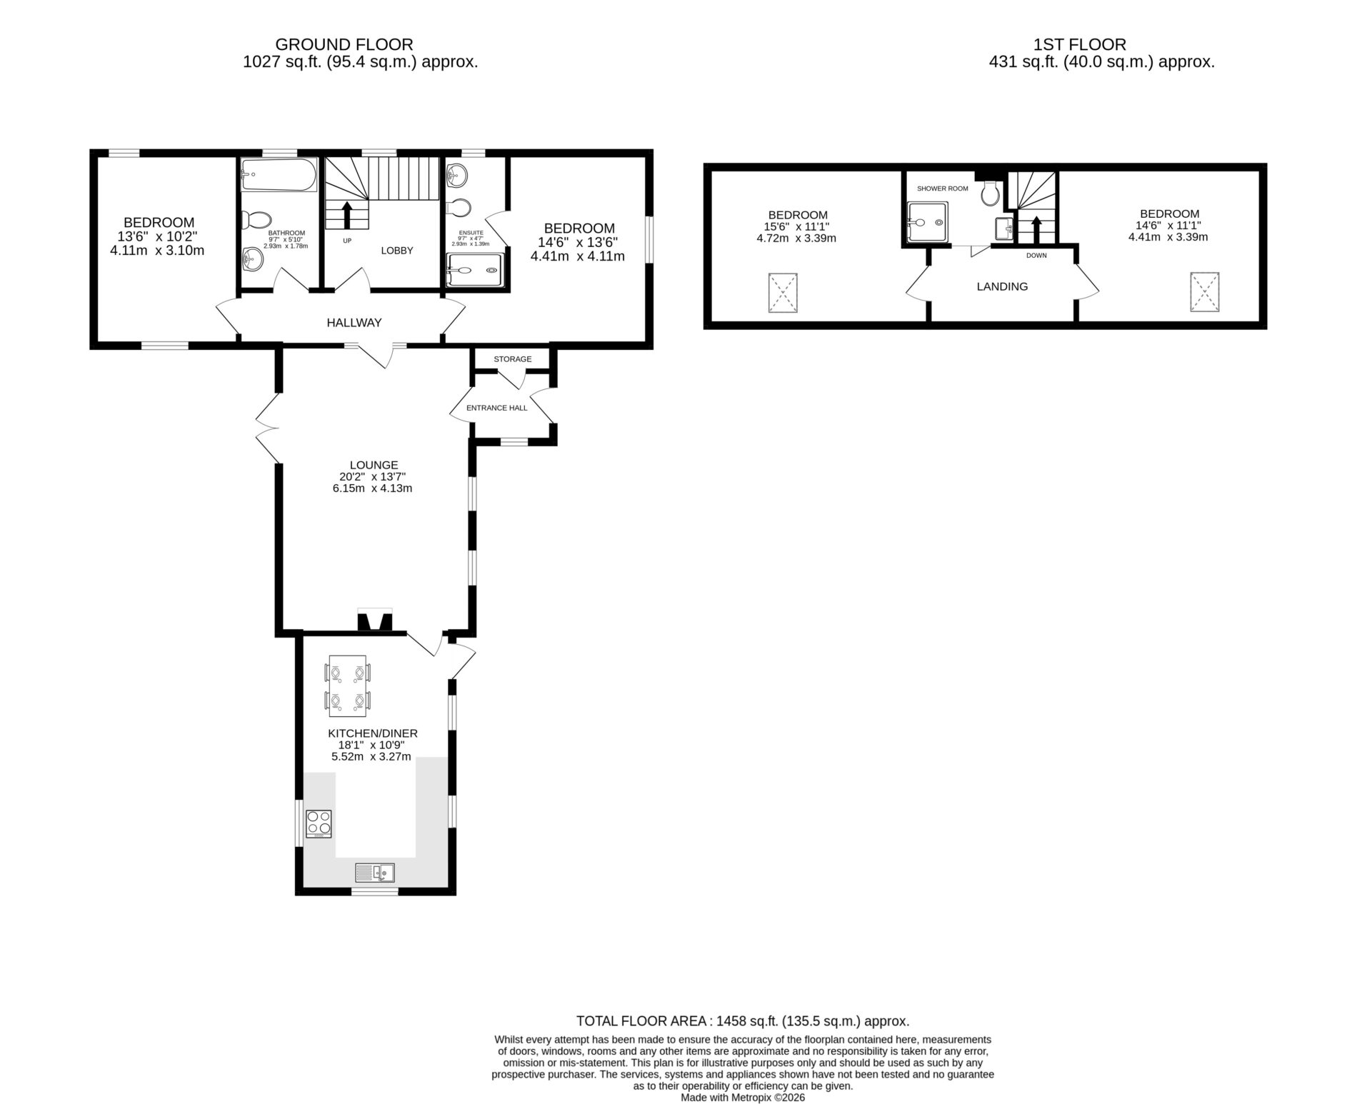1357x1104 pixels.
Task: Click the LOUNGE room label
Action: coord(374,465)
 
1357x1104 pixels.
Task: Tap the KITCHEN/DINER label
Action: coord(373,733)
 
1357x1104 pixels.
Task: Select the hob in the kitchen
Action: coord(319,823)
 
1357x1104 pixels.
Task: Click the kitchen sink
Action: coord(375,872)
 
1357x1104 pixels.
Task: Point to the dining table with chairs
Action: coord(348,686)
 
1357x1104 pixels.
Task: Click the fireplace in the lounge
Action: coord(375,620)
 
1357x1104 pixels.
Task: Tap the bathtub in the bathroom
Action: coord(278,175)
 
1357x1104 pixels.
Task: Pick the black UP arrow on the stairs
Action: coord(347,215)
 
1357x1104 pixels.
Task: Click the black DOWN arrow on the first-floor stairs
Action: coord(1036,230)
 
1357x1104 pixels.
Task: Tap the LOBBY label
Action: coord(397,251)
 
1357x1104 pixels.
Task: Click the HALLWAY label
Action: coord(354,323)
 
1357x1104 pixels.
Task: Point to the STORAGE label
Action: coord(513,359)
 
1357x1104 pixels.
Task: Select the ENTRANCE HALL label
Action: coord(497,408)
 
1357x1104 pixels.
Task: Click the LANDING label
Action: coord(1003,286)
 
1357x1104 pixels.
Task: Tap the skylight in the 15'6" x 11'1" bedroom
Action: coord(783,293)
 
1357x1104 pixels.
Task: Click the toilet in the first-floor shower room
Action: coord(991,192)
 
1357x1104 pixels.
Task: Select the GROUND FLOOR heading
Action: coord(344,45)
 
